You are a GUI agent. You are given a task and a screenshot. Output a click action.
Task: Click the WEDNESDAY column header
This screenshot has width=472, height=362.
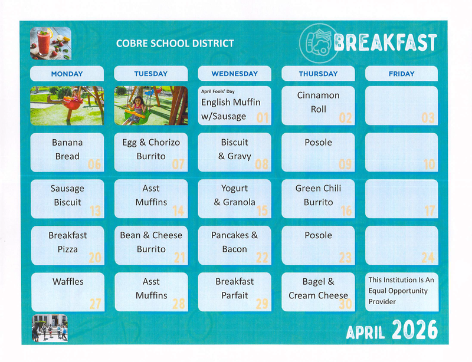(x=234, y=74)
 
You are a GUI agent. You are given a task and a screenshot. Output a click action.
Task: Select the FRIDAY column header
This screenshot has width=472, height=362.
(x=401, y=74)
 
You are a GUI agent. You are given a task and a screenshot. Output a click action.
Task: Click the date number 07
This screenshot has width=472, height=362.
(x=178, y=164)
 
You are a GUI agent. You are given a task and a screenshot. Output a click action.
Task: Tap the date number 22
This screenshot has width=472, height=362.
(x=261, y=258)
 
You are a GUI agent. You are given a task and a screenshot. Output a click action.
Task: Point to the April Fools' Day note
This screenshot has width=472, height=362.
(x=218, y=91)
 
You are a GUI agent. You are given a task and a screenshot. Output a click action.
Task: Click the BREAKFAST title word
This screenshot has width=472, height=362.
(x=385, y=43)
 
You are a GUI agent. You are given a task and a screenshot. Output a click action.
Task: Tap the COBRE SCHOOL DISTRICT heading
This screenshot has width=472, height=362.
(x=175, y=43)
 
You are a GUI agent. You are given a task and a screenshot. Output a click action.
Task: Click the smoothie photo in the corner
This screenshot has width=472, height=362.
(x=50, y=43)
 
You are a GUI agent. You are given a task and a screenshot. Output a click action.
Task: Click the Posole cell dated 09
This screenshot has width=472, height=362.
(x=318, y=151)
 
